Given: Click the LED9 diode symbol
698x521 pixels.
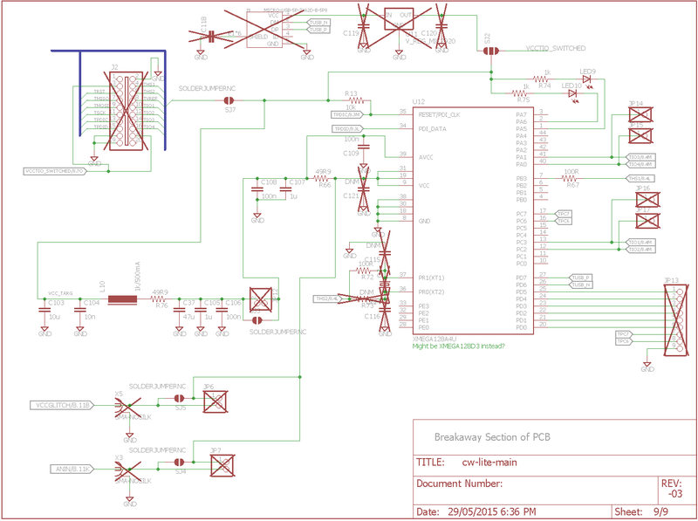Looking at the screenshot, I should point(586,79).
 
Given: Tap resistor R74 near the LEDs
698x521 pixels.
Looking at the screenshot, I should point(546,79).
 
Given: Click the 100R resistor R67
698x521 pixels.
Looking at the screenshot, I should point(572,178).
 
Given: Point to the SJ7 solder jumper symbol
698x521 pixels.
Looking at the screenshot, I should point(230,99).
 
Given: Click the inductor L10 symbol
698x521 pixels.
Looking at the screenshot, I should point(122,301).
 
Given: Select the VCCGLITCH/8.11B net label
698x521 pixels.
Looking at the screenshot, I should point(61,405).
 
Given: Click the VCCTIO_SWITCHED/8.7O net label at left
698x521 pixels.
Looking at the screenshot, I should point(53,171).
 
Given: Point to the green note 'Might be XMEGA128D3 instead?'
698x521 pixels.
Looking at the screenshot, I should point(459,346).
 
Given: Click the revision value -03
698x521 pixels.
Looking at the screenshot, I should point(670,493).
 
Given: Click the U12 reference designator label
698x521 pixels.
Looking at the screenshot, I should point(419,102).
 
